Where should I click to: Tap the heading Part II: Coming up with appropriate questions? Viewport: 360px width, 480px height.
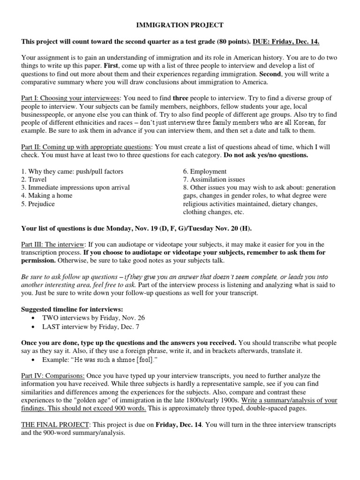pyautogui.click(x=87, y=147)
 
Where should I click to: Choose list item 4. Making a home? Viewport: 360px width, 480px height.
pyautogui.click(x=47, y=195)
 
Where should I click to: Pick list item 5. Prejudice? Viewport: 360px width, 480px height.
pyautogui.click(x=38, y=204)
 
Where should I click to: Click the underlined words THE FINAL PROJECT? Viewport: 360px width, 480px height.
pyautogui.click(x=53, y=424)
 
